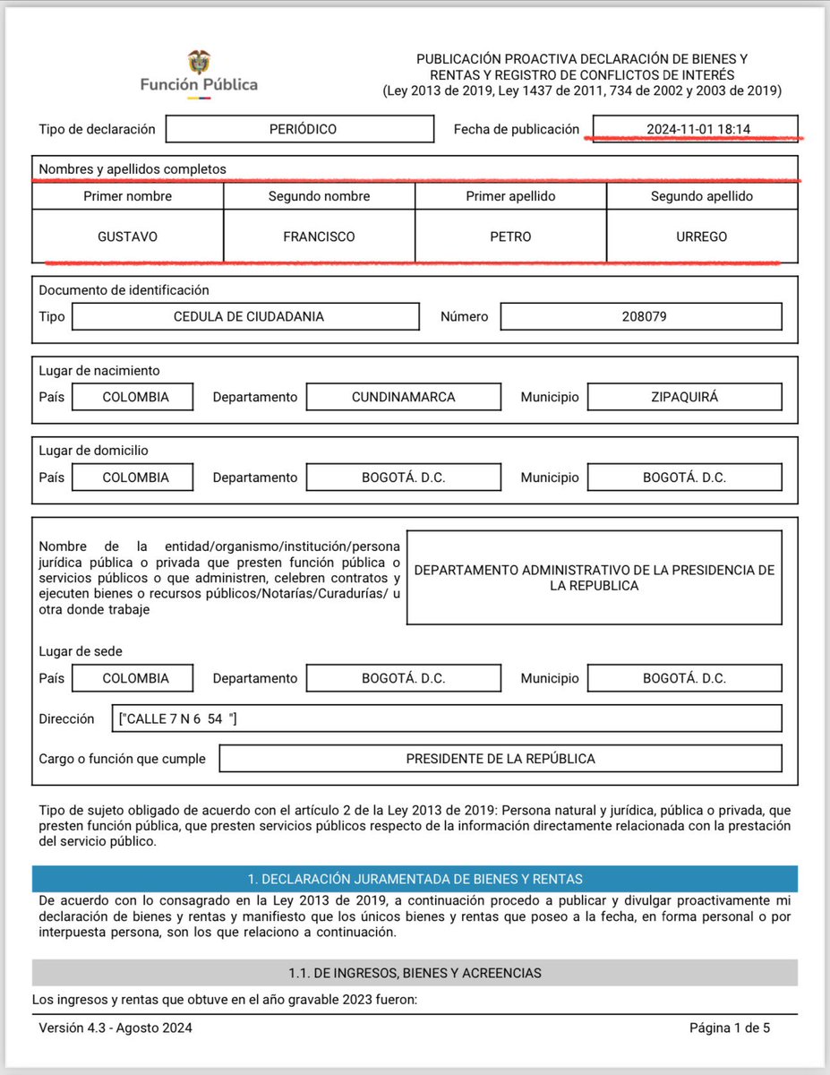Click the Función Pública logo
tap(198, 73)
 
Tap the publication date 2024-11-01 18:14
tap(697, 129)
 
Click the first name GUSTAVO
tap(127, 236)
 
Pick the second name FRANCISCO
tap(319, 236)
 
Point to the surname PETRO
tap(510, 236)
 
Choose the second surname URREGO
tap(702, 236)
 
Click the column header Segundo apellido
tap(702, 196)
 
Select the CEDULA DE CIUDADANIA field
tap(245, 316)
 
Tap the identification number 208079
tap(641, 316)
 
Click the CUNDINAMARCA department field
tap(404, 397)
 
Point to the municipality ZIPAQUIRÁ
tap(684, 397)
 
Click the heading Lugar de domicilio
tap(100, 451)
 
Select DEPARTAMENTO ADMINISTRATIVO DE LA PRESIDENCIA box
tap(595, 578)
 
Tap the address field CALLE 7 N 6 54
tap(449, 718)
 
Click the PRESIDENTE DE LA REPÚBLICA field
tap(501, 759)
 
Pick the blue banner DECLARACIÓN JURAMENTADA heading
tap(415, 879)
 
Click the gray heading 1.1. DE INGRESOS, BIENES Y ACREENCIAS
tap(415, 973)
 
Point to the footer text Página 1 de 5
tap(730, 1028)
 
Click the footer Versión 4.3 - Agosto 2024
tap(116, 1028)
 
